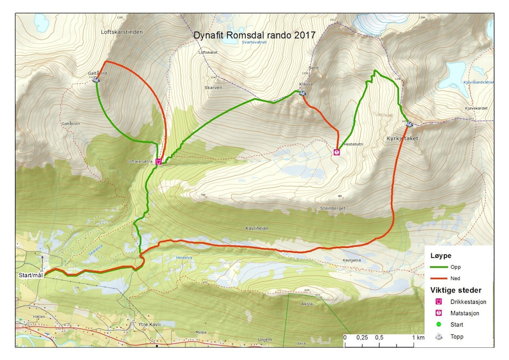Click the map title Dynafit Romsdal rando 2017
(x=254, y=35)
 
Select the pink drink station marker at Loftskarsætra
(x=159, y=162)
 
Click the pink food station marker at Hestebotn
(x=337, y=152)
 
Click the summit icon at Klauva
(x=303, y=92)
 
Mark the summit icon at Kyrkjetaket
(x=409, y=124)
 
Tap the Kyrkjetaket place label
(x=402, y=139)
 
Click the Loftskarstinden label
(x=115, y=32)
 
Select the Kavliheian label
(x=257, y=228)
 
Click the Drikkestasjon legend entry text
(x=468, y=302)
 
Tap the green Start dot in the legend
(x=439, y=325)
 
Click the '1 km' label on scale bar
(x=418, y=337)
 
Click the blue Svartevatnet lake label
(x=254, y=41)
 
